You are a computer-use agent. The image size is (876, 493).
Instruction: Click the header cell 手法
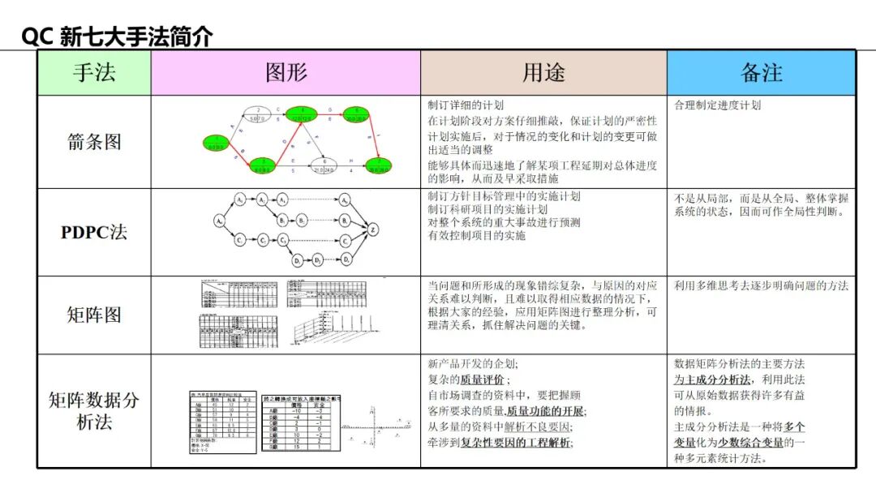click(x=94, y=72)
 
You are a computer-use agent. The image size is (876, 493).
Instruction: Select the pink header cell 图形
click(x=286, y=72)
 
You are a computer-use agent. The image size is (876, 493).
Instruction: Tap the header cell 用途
click(x=543, y=72)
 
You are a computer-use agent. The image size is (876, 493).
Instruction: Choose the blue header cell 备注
click(x=761, y=72)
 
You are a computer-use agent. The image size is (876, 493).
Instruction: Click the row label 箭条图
click(x=94, y=141)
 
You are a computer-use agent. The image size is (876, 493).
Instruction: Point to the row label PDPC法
click(x=94, y=232)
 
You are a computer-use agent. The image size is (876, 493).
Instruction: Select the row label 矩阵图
click(x=94, y=315)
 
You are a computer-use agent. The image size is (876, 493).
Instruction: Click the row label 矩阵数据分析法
click(x=94, y=411)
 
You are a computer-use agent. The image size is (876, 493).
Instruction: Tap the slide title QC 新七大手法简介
click(x=117, y=36)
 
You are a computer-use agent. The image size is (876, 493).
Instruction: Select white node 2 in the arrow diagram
click(x=258, y=113)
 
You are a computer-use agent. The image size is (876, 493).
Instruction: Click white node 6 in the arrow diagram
click(x=324, y=165)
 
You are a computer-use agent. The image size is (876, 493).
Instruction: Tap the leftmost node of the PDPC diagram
click(x=219, y=220)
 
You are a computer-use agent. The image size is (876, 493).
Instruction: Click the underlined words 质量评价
click(x=483, y=379)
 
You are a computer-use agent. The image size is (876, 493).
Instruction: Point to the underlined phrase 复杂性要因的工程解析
click(x=516, y=442)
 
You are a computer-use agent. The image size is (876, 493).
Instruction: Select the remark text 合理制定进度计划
click(x=718, y=105)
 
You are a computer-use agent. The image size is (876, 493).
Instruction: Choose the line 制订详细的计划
click(x=466, y=105)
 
